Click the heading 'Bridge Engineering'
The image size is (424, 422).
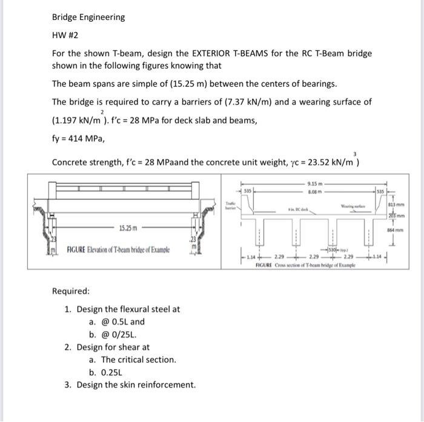(88, 17)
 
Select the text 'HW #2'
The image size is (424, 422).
(65, 35)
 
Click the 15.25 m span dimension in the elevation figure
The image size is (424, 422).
(128, 229)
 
